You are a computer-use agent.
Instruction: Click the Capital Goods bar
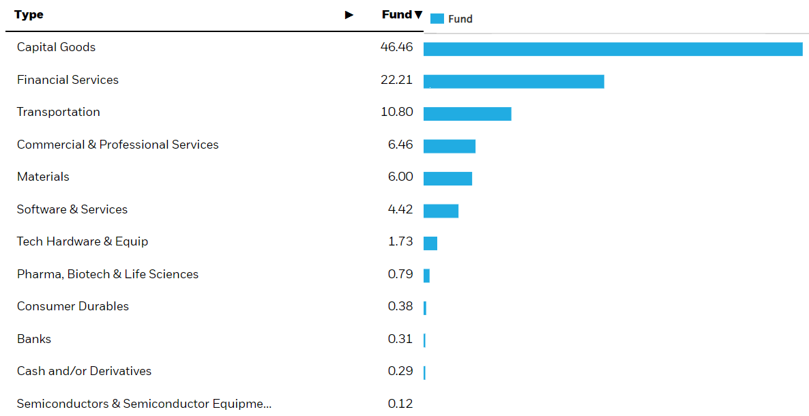613,49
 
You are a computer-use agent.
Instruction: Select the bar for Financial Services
514,82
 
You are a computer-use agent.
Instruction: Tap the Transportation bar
467,114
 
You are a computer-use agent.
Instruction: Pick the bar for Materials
447,179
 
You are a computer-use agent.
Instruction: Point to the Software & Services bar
441,211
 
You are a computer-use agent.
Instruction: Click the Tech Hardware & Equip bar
430,243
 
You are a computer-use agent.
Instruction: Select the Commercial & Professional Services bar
450,146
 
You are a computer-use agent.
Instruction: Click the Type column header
29,15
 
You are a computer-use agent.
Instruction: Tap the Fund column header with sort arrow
402,15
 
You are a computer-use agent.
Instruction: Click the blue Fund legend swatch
437,19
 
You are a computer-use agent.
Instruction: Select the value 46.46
396,48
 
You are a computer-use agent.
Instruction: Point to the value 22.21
396,80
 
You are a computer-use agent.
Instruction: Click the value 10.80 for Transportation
396,112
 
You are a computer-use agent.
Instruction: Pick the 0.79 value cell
400,274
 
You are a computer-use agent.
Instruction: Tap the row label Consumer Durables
73,306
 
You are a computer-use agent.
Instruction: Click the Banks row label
34,339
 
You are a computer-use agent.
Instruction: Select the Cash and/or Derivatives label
84,371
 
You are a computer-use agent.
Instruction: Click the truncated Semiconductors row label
144,404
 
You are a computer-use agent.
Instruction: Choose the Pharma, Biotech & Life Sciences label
108,274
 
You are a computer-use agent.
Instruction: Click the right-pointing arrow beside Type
349,15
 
